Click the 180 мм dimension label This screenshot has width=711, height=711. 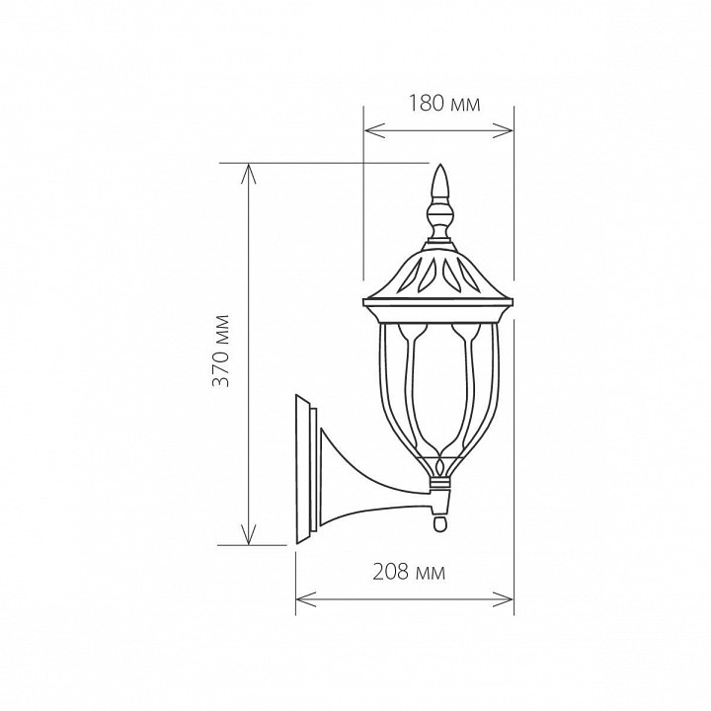[x=444, y=104]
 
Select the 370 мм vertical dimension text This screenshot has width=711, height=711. [x=221, y=351]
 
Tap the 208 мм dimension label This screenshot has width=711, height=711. [x=409, y=572]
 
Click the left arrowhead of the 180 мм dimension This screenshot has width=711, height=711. [x=374, y=130]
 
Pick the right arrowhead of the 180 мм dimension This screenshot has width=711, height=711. [x=503, y=130]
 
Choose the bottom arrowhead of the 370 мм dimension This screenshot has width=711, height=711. [x=248, y=534]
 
